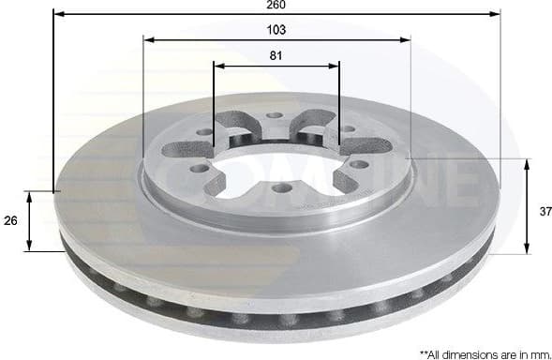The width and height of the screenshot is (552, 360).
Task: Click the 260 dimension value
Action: [276, 6]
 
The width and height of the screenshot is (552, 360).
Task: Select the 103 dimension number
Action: [276, 30]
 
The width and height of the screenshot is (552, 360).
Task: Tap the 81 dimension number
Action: [276, 55]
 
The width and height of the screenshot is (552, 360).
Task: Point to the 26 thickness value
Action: [10, 221]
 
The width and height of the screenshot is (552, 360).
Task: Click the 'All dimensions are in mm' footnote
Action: [485, 353]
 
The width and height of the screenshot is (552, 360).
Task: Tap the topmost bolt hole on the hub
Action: [274, 116]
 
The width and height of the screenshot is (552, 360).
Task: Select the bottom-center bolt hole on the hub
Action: [278, 188]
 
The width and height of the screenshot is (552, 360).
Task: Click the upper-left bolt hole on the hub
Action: [206, 132]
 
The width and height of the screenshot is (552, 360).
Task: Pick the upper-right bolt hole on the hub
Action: [348, 129]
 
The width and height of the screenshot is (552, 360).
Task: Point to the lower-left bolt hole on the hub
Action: [200, 169]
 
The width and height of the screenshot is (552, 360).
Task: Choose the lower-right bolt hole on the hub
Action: [357, 165]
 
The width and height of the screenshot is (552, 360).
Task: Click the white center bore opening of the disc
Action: [277, 165]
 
